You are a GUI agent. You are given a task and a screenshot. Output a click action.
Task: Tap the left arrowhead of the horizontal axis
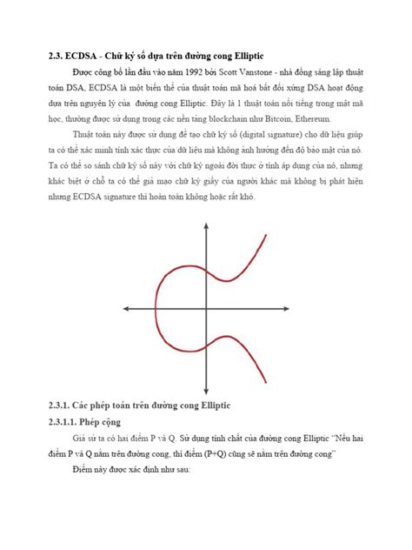(x=126, y=309)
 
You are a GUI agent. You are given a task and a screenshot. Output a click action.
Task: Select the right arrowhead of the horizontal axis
(x=287, y=309)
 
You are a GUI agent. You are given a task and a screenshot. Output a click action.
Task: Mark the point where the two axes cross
(x=206, y=309)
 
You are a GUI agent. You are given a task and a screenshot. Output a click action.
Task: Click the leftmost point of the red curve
(x=155, y=309)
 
